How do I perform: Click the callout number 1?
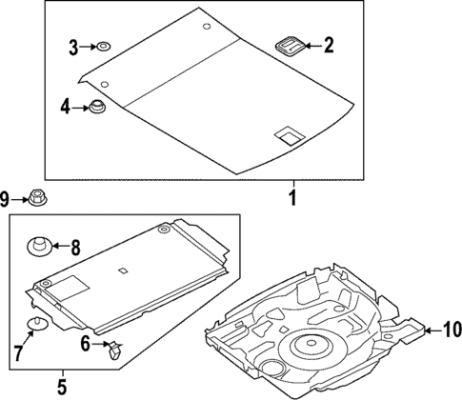click(293, 199)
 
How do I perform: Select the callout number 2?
click(329, 44)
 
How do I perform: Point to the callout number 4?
click(66, 108)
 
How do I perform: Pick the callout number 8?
click(77, 249)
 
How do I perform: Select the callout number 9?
click(6, 199)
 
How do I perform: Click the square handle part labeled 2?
click(289, 44)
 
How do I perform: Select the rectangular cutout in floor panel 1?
click(286, 137)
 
